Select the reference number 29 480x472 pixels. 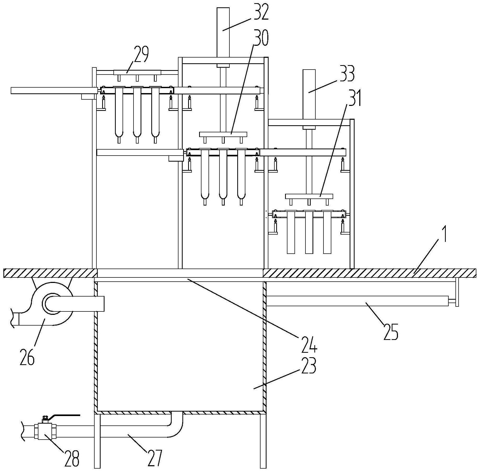pos(141,54)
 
